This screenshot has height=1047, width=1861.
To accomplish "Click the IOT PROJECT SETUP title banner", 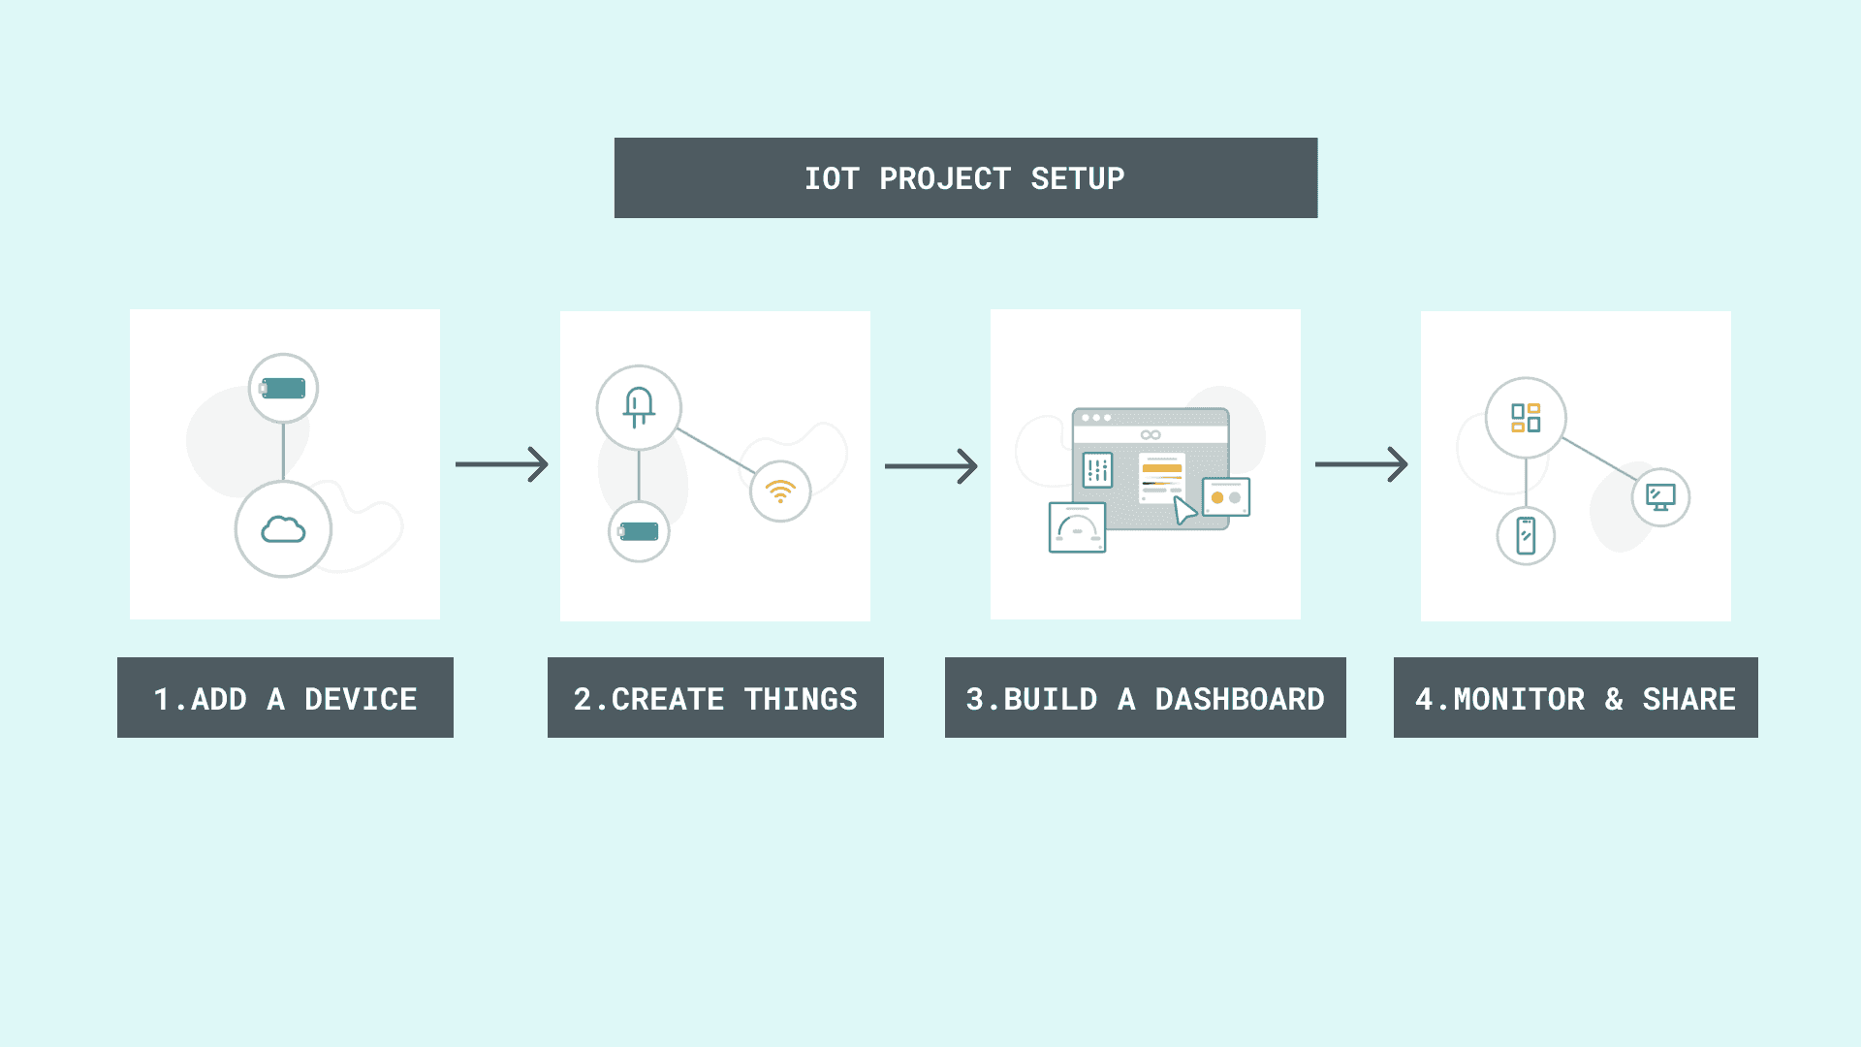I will point(965,178).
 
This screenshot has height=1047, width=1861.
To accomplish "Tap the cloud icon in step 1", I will point(283,529).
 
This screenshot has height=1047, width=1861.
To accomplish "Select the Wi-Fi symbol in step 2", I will point(780,492).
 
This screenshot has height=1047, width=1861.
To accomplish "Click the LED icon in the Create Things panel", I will point(639,407).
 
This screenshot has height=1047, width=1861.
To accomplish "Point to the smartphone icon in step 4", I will point(1526,535).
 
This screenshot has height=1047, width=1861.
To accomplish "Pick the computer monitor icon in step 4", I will point(1660,497).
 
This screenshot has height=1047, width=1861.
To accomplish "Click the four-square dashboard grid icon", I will point(1526,418).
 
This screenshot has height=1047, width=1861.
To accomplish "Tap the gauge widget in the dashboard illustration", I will point(1077,527).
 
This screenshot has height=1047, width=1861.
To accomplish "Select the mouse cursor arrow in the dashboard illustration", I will point(1184,510).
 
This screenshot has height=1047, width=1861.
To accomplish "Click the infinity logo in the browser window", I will point(1151,434).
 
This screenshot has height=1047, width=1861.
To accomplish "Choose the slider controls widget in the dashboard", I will point(1097,470).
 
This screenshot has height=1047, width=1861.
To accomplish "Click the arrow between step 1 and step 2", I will point(502,464).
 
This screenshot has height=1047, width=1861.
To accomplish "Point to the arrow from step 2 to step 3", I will point(931,466).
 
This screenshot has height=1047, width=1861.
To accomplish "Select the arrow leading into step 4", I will point(1361,464).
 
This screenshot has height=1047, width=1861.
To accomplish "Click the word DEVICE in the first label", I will point(361,699).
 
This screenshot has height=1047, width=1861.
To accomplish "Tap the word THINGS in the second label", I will point(801,699).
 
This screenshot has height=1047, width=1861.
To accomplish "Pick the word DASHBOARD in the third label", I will point(1239,699).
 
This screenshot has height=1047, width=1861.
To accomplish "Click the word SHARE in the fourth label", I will point(1688,699).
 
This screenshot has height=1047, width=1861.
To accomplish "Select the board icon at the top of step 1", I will point(283,389).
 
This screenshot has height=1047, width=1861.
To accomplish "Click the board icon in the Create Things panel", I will point(639,531).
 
